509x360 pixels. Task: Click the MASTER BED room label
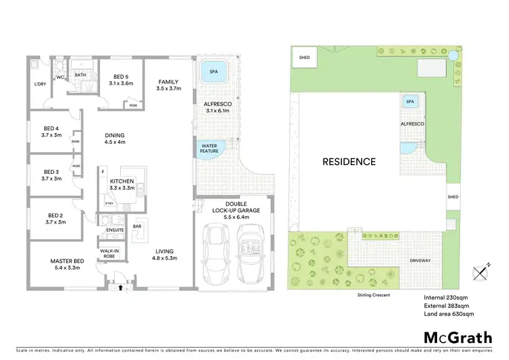tap(67, 261)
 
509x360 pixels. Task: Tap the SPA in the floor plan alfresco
tap(214, 71)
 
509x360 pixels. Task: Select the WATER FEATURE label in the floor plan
tap(209, 147)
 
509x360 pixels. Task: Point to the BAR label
tap(136, 226)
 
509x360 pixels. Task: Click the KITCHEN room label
tap(122, 181)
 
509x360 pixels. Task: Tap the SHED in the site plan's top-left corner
tap(305, 58)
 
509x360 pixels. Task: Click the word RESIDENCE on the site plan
tap(349, 162)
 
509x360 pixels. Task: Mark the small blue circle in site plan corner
tap(453, 54)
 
